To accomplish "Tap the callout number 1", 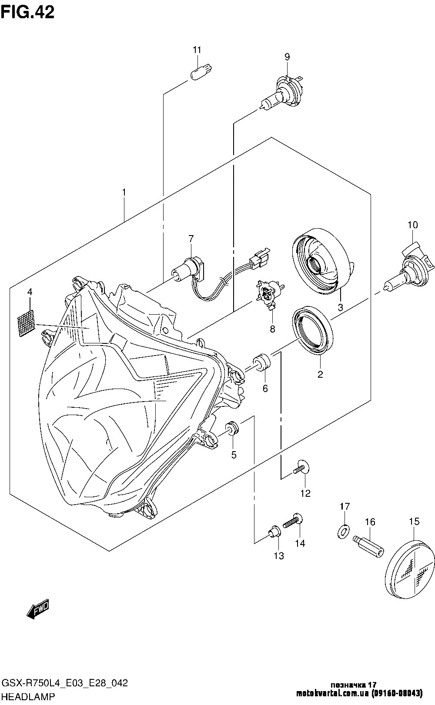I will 124,192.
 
